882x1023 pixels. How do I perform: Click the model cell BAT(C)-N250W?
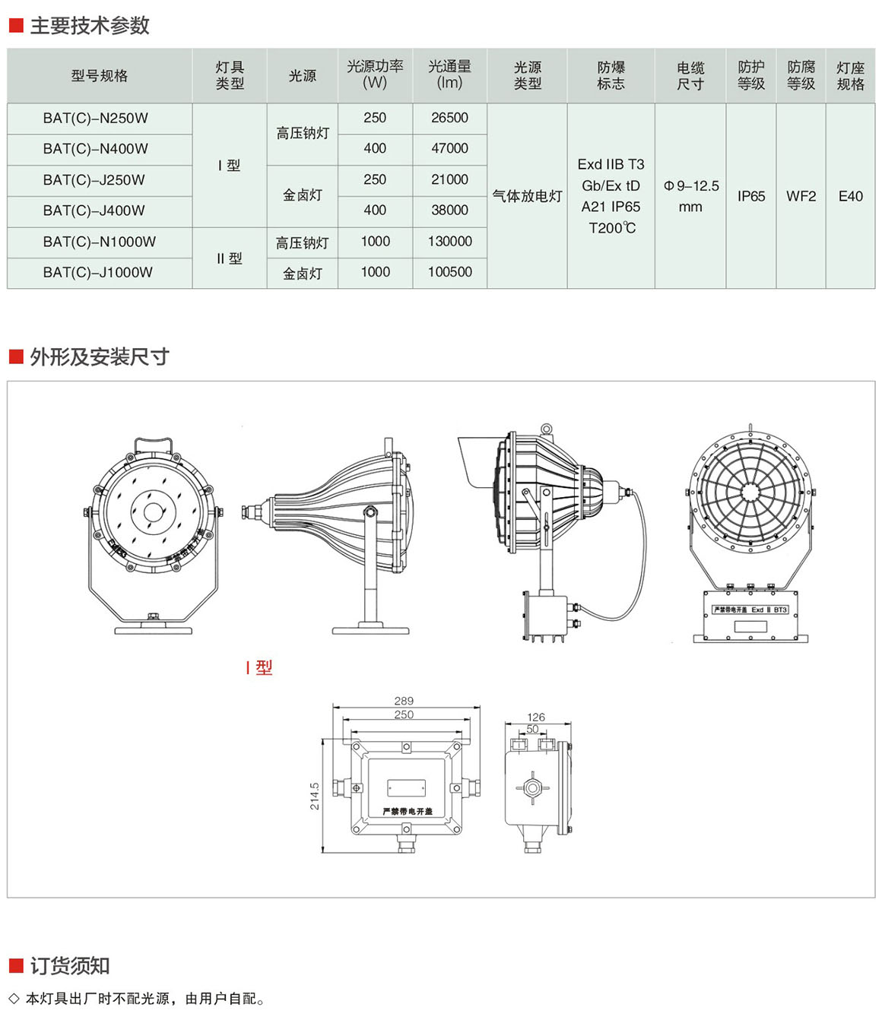[96, 119]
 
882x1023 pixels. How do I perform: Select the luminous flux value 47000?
[449, 149]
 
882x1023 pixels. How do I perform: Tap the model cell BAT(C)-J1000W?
[98, 272]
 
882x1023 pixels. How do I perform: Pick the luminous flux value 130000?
[449, 242]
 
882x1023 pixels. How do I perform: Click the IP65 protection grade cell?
[750, 196]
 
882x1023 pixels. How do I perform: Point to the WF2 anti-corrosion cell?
[801, 196]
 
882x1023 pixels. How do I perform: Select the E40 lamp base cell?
[850, 196]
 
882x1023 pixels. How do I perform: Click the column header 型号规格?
[100, 76]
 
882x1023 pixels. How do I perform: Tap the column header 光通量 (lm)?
[449, 74]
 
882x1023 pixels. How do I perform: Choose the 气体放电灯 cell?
[527, 196]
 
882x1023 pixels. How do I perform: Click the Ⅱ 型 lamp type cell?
[229, 258]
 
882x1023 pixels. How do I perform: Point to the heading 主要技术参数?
[89, 26]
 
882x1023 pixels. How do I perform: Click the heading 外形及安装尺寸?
[99, 356]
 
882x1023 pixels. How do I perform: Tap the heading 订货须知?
[70, 966]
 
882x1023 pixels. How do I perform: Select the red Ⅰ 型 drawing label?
[259, 668]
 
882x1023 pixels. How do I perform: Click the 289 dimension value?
[404, 701]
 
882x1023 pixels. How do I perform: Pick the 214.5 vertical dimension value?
[315, 796]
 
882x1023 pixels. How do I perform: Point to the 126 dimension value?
[536, 717]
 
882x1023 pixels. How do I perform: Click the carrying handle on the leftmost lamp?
[153, 442]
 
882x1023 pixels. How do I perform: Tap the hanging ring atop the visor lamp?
[546, 429]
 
